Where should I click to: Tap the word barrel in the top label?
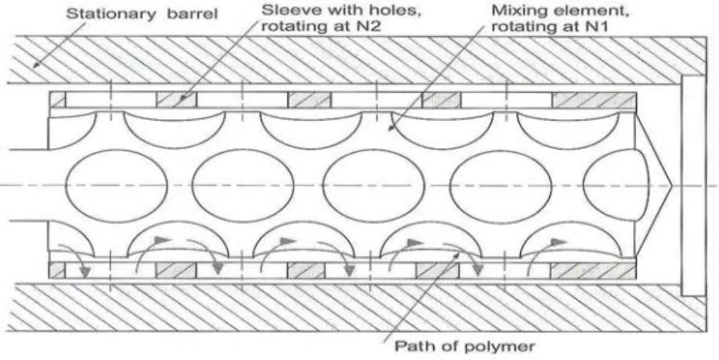point(192,14)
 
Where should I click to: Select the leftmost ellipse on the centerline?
point(117,185)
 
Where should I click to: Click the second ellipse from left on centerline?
point(243,185)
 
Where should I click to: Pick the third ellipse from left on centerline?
point(374,185)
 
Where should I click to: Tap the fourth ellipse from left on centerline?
point(501,187)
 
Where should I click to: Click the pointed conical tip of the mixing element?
point(671,186)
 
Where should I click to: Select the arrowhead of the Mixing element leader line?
point(391,127)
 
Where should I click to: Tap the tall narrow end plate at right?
point(693,185)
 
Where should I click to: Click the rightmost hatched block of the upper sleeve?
point(594,100)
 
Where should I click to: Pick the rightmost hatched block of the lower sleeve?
point(593,271)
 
